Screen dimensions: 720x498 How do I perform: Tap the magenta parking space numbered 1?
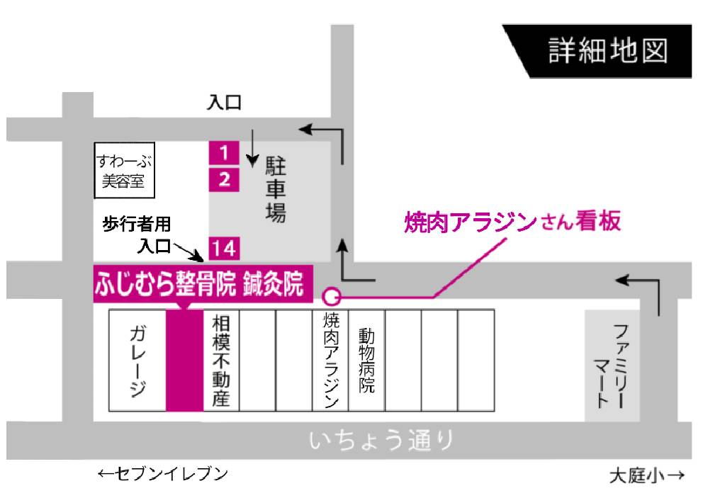224,152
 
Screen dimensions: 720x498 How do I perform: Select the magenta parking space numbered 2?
224,179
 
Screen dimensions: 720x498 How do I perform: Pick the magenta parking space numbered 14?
224,249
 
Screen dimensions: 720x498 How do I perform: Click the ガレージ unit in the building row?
137,360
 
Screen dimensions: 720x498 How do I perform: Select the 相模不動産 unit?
221,360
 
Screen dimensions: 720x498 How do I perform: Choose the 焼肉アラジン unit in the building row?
330,360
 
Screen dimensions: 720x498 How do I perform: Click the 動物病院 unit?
366,360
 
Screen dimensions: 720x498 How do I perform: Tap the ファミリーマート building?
612,366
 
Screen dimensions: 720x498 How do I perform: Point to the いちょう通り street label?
381,441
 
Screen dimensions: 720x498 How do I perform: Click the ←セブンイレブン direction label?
162,474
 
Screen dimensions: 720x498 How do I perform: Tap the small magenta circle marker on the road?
331,296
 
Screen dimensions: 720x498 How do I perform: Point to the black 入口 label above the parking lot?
224,103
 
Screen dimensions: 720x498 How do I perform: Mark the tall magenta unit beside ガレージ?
184,360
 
